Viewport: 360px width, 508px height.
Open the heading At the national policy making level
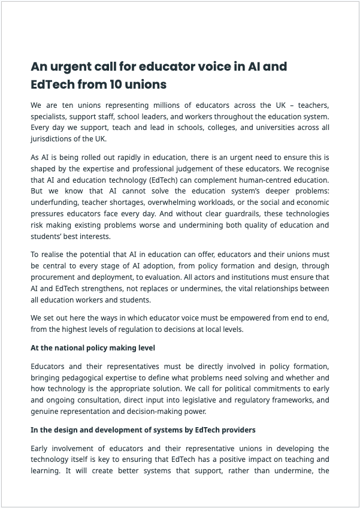pyautogui.click(x=93, y=348)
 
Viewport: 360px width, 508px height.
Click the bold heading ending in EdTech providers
pyautogui.click(x=143, y=430)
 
